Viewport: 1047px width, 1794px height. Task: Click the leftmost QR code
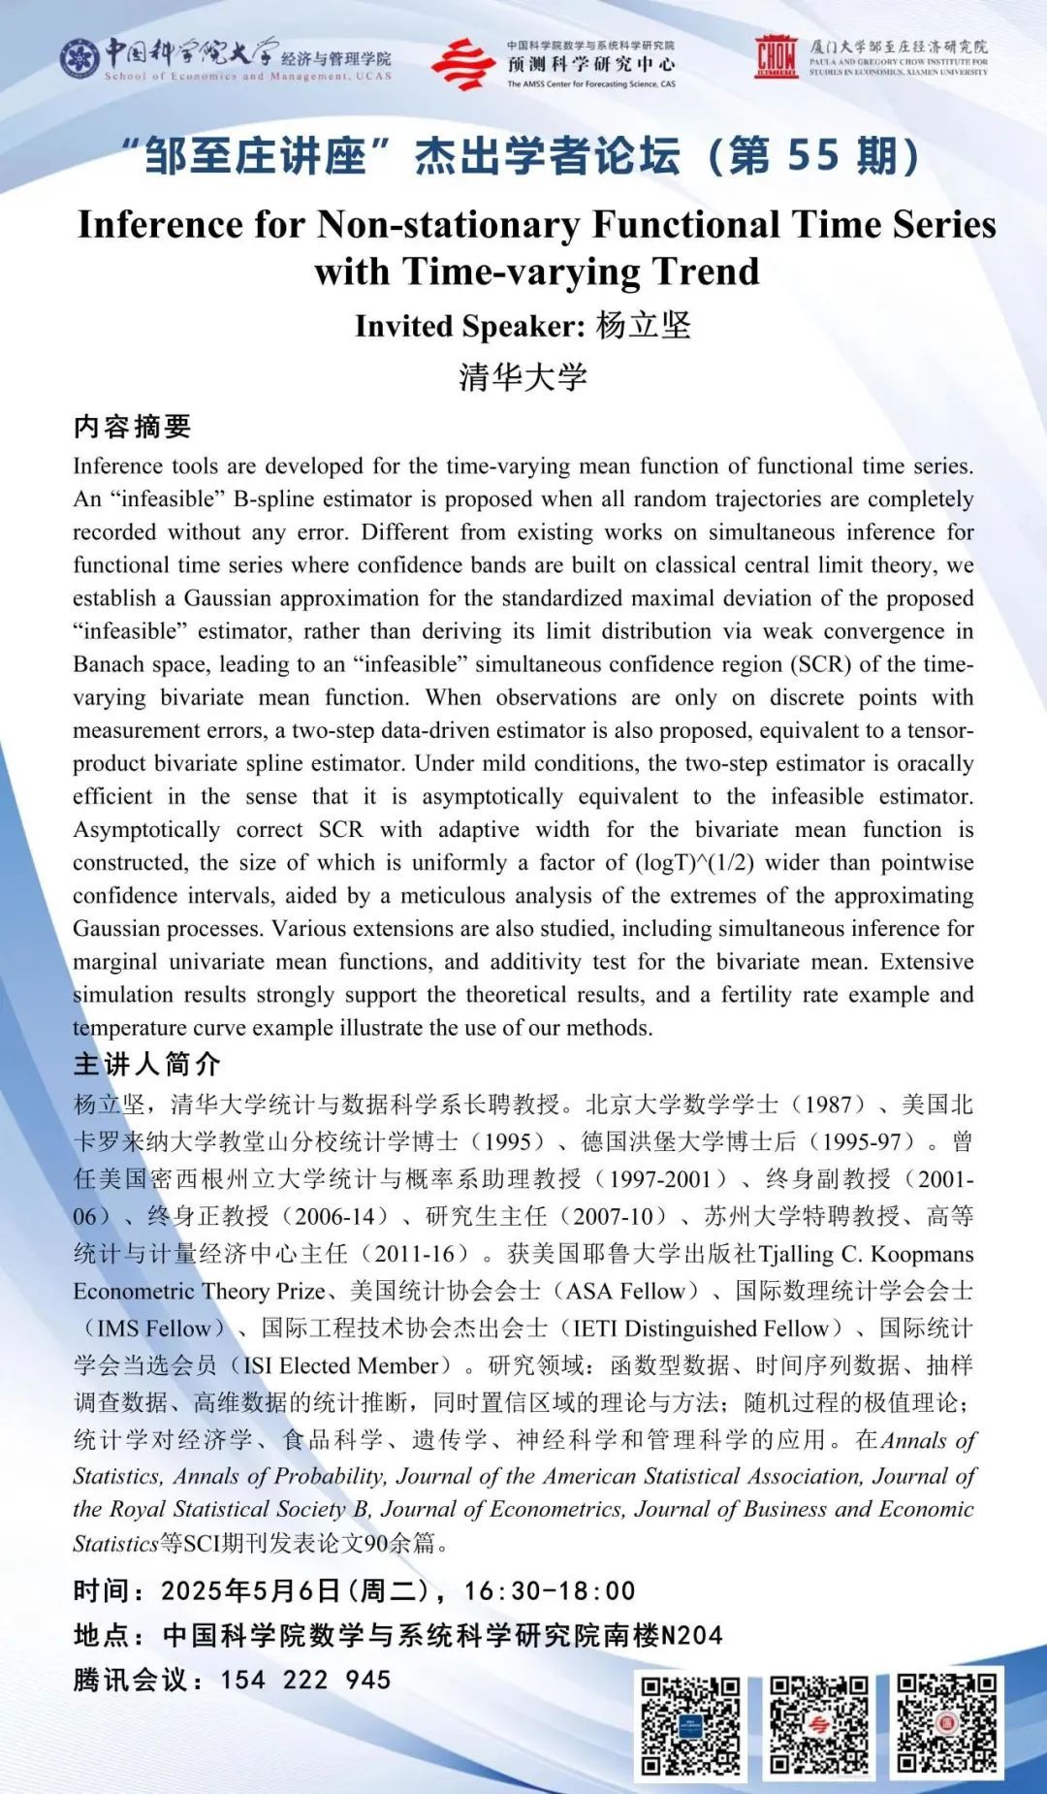690,1724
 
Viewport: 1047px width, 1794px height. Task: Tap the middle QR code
818,1724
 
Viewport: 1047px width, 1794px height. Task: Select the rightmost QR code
945,1724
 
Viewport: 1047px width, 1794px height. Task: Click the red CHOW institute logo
777,56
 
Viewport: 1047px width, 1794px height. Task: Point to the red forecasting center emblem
463,64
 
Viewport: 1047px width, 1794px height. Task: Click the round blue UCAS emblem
79,59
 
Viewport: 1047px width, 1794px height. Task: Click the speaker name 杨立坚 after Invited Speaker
643,326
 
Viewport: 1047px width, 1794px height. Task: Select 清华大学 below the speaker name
523,376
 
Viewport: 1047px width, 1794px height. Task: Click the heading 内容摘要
133,427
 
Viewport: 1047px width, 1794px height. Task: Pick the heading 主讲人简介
147,1064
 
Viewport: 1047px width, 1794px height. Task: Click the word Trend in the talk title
707,272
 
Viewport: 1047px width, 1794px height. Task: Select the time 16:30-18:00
550,1590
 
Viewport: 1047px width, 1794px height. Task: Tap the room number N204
691,1635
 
